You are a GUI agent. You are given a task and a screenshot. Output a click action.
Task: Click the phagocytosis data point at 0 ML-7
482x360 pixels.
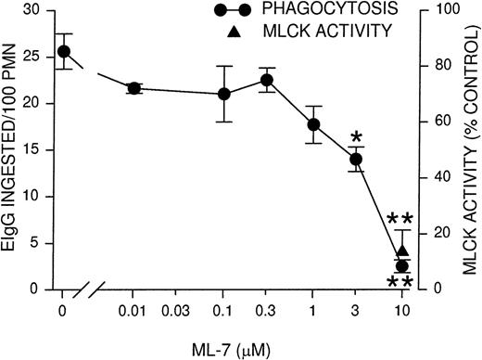(x=63, y=51)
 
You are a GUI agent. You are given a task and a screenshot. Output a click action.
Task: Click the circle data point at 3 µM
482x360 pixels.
(x=357, y=160)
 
